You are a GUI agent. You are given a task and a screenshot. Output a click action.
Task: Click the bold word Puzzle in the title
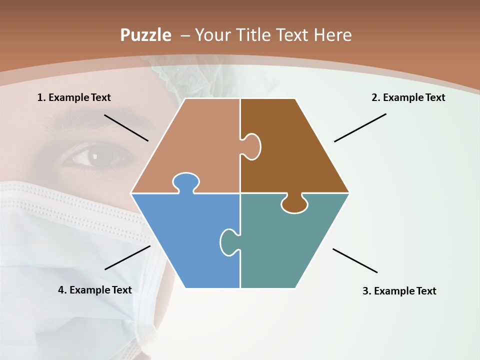click(x=145, y=35)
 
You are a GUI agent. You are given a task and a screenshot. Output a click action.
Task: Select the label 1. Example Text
click(x=74, y=97)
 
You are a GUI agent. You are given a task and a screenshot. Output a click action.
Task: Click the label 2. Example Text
click(x=408, y=97)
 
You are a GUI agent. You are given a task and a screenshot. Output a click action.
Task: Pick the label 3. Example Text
click(x=399, y=291)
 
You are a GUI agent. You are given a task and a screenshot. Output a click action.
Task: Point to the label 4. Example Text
click(x=95, y=290)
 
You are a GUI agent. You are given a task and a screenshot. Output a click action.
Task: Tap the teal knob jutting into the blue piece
click(x=228, y=241)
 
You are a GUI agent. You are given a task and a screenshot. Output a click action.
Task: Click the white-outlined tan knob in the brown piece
click(x=252, y=146)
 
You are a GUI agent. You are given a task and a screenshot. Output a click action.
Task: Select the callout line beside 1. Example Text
click(x=126, y=127)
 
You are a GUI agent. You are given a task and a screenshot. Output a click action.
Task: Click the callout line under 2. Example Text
click(x=360, y=127)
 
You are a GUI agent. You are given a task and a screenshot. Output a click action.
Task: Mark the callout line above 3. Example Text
click(x=355, y=260)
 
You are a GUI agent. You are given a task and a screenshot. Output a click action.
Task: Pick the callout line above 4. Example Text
click(x=127, y=257)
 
